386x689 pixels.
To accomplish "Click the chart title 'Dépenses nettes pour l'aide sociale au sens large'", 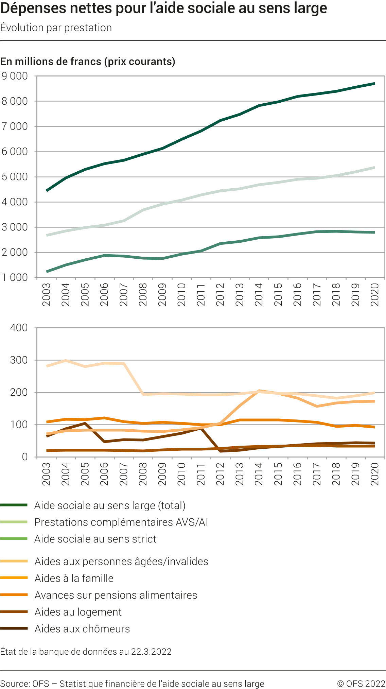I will click(x=163, y=8).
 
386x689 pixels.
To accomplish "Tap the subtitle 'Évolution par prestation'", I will click(x=56, y=28).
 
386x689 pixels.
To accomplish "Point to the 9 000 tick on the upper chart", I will click(x=15, y=76).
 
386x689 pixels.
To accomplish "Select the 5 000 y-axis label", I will click(x=15, y=177).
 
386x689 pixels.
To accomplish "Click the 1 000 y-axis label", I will click(x=15, y=278).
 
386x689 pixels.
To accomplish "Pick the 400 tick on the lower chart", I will click(x=19, y=328).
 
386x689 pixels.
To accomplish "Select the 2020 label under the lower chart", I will click(x=375, y=474).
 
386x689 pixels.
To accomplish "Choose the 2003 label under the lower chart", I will click(x=47, y=474).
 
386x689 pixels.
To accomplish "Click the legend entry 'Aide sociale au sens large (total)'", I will click(x=110, y=505).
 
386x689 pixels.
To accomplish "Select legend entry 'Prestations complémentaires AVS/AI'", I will click(x=121, y=522).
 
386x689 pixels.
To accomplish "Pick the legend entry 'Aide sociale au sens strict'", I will click(x=95, y=539).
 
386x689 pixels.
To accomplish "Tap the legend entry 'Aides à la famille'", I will click(x=74, y=578).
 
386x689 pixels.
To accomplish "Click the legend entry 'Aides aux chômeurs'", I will click(x=82, y=629).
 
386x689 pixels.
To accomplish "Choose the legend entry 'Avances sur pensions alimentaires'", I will click(x=116, y=595).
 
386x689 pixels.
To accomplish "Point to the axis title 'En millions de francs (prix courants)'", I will click(x=88, y=62).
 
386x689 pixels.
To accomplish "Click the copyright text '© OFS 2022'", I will click(x=361, y=684).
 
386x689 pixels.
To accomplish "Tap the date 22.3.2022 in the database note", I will click(x=151, y=652).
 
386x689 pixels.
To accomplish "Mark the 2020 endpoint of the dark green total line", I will click(x=374, y=84).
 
